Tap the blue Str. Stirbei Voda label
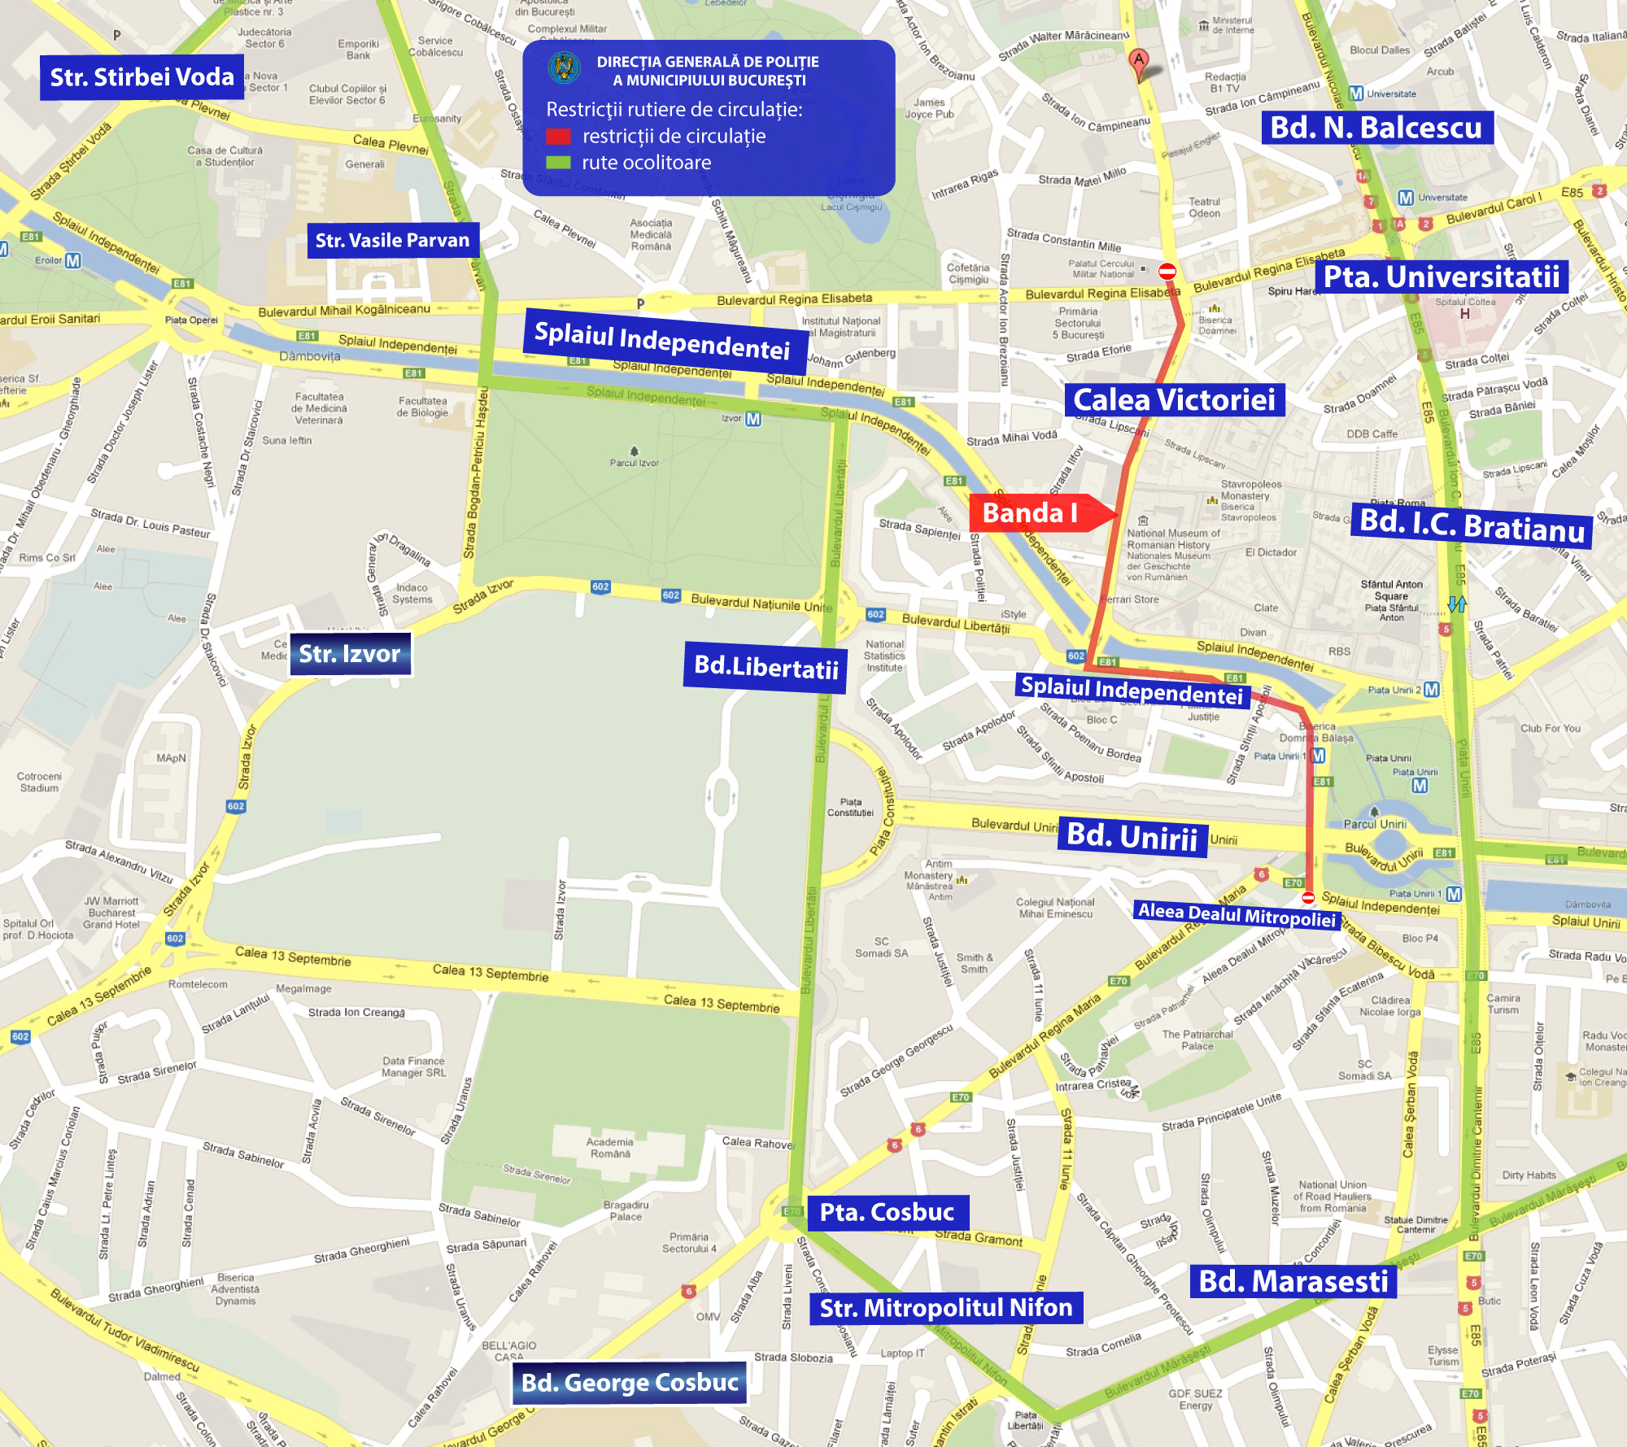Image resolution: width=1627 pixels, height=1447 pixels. (x=142, y=77)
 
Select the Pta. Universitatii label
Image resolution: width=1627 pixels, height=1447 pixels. (x=1441, y=277)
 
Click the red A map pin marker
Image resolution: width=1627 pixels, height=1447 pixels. (x=1139, y=61)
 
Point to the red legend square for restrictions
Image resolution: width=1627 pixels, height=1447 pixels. (x=558, y=136)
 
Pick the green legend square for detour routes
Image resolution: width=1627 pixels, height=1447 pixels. (x=558, y=163)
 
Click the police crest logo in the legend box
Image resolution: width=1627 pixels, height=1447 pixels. (x=564, y=67)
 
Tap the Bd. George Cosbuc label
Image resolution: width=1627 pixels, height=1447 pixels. (x=630, y=1383)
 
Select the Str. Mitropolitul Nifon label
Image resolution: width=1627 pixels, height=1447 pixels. (x=945, y=1308)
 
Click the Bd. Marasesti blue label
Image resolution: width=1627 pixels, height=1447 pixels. (x=1293, y=1281)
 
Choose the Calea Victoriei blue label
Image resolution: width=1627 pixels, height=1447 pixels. (x=1174, y=400)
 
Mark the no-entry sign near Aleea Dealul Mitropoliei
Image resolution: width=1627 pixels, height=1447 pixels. (x=1308, y=898)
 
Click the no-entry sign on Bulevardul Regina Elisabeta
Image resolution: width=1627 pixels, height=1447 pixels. (x=1167, y=271)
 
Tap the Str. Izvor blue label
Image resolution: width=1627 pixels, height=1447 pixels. (x=350, y=654)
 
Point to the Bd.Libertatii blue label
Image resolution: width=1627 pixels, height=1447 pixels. (x=766, y=668)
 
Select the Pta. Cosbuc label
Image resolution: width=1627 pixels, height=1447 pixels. (x=887, y=1212)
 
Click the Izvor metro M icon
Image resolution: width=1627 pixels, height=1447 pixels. (x=753, y=419)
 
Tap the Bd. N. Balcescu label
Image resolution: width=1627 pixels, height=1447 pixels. (x=1376, y=128)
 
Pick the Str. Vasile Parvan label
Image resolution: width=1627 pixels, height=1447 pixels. (x=392, y=241)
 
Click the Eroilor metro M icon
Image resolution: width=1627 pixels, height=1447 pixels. (x=73, y=260)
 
